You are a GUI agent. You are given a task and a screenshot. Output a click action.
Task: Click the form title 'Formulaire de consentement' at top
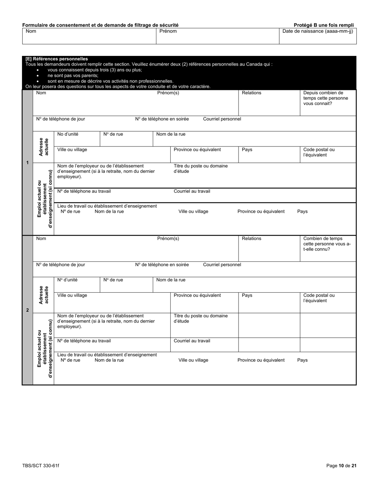pos(100,25)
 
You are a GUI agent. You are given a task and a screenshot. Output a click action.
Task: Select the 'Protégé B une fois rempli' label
pos(324,25)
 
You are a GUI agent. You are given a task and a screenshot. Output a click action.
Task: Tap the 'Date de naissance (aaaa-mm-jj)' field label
pos(318,31)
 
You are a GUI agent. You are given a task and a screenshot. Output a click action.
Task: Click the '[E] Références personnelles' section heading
pos(57,59)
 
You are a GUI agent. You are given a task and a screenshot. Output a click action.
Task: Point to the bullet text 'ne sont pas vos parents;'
pos(73,75)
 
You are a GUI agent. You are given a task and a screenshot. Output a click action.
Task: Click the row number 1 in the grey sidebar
pos(27,162)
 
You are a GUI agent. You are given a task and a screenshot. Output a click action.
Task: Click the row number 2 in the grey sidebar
pos(27,310)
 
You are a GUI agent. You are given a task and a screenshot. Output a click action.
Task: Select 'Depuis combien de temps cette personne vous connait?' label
pos(323,98)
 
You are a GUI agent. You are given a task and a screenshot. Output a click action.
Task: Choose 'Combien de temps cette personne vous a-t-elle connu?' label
pos(327,244)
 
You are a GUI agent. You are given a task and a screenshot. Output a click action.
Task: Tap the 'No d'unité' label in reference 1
pos(68,134)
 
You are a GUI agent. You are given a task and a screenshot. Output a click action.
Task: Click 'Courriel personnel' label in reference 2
pos(222,265)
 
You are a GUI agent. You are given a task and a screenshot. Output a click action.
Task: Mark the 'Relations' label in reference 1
pos(251,93)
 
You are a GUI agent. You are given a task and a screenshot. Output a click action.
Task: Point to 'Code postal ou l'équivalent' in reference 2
pos(319,298)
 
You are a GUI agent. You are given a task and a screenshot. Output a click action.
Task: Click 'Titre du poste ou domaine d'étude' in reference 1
pos(201,168)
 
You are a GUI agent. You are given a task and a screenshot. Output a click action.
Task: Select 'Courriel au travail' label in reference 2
pos(192,341)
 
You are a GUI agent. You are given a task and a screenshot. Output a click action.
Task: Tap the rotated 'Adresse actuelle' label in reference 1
pos(43,147)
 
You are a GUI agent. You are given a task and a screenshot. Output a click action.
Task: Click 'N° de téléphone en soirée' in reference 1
pos(162,119)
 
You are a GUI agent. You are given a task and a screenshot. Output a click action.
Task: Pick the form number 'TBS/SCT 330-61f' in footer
pos(41,465)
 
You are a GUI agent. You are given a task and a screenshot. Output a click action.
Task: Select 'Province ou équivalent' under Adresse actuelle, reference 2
pos(197,295)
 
